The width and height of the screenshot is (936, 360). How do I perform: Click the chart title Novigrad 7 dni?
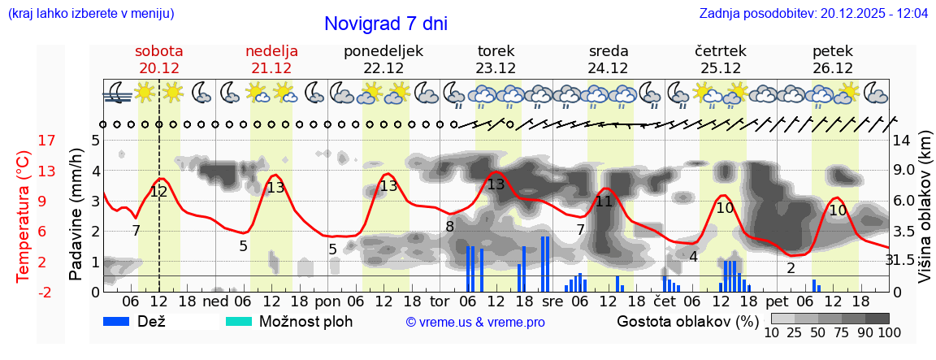[385, 24]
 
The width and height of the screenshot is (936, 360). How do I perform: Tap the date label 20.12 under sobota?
[159, 68]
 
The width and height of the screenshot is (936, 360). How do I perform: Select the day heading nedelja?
[272, 50]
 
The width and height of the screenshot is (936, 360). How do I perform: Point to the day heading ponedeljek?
[383, 50]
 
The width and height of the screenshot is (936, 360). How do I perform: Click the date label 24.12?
[609, 68]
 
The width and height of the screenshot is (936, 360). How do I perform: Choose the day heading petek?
[833, 50]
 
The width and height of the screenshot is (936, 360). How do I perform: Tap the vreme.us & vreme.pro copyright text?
[475, 322]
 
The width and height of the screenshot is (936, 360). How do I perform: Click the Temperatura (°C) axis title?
[23, 215]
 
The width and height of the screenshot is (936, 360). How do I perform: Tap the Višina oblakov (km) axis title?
[925, 215]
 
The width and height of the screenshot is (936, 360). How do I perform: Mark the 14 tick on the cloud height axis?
[903, 141]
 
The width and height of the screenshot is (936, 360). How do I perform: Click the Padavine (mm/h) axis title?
[76, 215]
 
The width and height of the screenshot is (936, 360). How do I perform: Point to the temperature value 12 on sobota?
[158, 192]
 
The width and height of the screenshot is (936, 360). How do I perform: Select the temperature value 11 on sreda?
[603, 202]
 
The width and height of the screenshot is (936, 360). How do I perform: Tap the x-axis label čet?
[665, 300]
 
